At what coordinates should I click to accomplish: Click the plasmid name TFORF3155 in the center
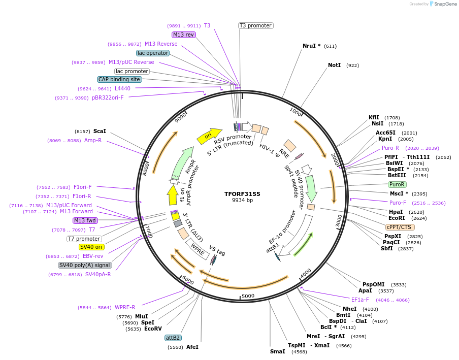pos(242,193)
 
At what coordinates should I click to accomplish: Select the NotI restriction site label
pos(334,66)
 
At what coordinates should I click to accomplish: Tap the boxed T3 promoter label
pos(256,25)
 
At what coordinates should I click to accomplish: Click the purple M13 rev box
pos(183,35)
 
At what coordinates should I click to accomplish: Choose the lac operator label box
pos(152,53)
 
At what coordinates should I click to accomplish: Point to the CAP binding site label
pos(119,79)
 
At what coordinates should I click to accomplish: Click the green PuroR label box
pos(397,184)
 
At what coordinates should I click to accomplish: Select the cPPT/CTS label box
pos(400,227)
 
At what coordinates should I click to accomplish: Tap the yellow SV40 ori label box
pos(91,247)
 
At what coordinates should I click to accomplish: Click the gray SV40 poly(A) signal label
pos(85,265)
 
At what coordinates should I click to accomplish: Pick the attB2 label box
pos(173,338)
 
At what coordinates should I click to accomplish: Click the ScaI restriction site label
pos(100,131)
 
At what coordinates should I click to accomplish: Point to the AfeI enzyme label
pos(192,347)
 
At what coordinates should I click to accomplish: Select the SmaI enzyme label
pos(277,351)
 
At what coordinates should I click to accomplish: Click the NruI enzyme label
pos(310,46)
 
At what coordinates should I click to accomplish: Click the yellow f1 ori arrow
pos(173,194)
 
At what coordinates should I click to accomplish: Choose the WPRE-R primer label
pos(125,307)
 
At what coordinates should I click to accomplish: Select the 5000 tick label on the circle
pos(248,296)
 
